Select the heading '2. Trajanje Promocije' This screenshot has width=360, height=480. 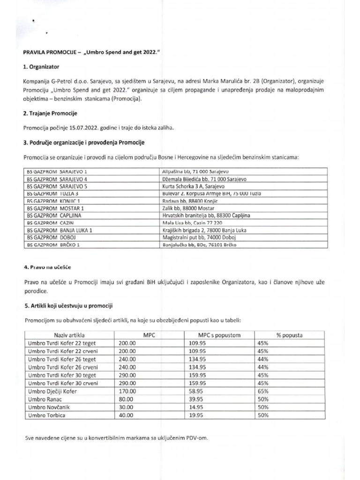point(51,114)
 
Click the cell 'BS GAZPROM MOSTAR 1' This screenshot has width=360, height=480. point(55,208)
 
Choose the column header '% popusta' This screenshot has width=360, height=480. point(289,336)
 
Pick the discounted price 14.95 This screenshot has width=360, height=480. point(196,407)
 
